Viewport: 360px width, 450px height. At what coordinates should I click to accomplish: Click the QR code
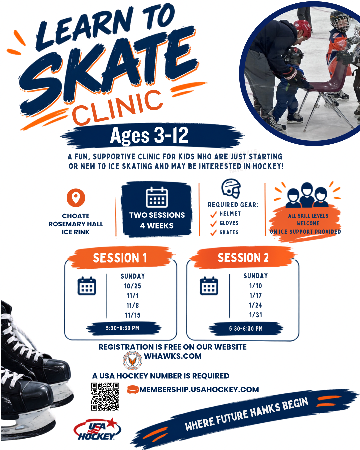tap(105, 396)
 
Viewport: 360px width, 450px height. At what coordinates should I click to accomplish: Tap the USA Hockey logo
tap(97, 429)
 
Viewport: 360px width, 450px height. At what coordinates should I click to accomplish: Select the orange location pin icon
tap(76, 198)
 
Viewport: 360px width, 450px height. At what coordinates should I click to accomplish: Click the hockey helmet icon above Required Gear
tap(231, 188)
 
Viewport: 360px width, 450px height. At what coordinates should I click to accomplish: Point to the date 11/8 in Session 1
tap(133, 305)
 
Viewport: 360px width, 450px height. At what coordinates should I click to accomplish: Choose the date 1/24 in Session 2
tap(255, 305)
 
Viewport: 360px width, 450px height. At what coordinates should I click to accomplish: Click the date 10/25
tap(133, 286)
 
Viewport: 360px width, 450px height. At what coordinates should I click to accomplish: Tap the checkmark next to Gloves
tap(213, 223)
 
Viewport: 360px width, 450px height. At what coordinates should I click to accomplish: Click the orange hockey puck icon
tap(133, 390)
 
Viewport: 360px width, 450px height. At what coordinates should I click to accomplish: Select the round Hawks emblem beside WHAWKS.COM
tap(132, 361)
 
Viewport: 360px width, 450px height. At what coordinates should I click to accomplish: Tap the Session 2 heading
tap(243, 257)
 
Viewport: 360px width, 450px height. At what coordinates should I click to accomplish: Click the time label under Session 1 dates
tap(122, 328)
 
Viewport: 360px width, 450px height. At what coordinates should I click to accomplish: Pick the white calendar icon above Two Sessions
tap(157, 197)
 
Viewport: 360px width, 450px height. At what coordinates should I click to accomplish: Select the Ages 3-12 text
tap(149, 135)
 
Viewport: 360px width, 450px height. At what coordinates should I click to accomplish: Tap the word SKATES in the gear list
tap(229, 232)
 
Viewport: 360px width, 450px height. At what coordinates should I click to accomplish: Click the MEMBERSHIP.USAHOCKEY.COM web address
tap(199, 390)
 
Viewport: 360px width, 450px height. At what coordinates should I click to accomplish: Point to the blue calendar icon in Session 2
tap(209, 286)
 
